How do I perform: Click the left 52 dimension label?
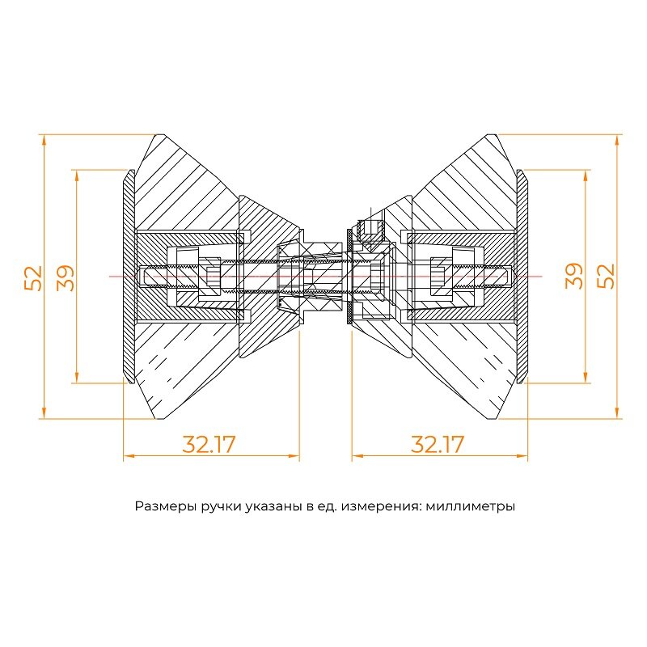[x=33, y=277]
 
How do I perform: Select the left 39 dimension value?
[x=66, y=277]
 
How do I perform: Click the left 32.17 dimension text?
[x=209, y=444]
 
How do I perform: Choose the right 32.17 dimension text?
[x=438, y=444]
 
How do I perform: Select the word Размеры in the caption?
[x=162, y=507]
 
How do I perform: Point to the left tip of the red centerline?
[x=111, y=277]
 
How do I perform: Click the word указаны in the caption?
[x=272, y=507]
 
